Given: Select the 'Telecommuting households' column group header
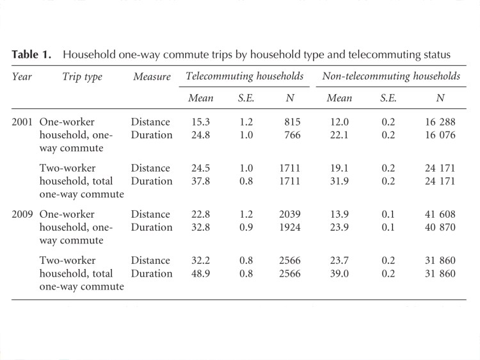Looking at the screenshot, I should (x=244, y=76).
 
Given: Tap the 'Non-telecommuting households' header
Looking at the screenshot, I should (x=391, y=76).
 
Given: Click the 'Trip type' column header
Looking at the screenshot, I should (x=82, y=77).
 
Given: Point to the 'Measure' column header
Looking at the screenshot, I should (x=152, y=77).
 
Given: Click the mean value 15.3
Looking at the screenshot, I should (x=197, y=122).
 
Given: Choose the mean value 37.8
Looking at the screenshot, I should (x=197, y=181).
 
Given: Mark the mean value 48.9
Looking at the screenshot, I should (x=197, y=273).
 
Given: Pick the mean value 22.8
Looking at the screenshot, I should (x=197, y=214).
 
